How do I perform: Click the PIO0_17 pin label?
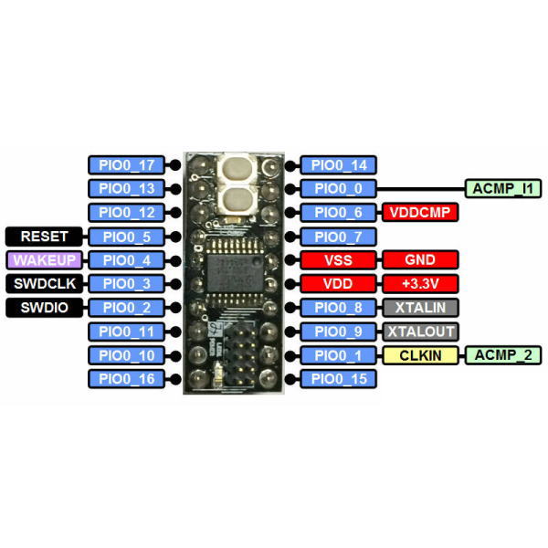(x=126, y=165)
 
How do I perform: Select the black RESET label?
(x=44, y=237)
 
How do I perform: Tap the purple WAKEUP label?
(x=44, y=260)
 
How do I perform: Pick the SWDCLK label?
(x=44, y=284)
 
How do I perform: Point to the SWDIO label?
(x=44, y=308)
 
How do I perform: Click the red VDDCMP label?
(x=420, y=213)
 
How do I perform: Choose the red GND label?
(x=420, y=260)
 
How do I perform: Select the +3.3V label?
(x=420, y=284)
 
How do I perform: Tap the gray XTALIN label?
(x=420, y=308)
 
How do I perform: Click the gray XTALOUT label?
(x=420, y=332)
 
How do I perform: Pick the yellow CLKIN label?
(x=420, y=355)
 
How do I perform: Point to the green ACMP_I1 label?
(x=503, y=189)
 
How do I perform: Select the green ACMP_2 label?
(x=503, y=355)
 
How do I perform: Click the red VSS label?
(x=338, y=260)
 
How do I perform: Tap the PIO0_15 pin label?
(x=338, y=379)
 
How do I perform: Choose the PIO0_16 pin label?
(x=126, y=379)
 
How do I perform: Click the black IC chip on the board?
(x=235, y=273)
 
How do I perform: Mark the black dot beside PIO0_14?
(x=290, y=165)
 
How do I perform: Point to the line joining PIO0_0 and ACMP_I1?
(x=421, y=189)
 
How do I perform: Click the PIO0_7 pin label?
(x=338, y=237)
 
